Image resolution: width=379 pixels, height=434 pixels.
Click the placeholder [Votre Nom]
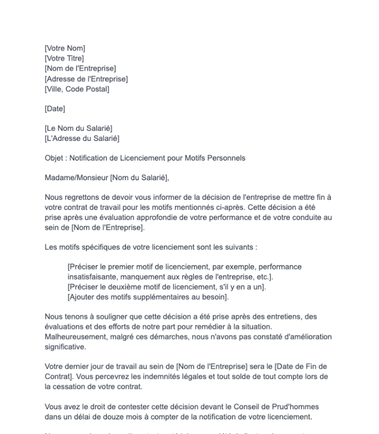point(65,49)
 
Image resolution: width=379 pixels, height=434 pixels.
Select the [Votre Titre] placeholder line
point(65,58)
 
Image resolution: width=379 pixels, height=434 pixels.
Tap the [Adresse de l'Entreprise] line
point(86,79)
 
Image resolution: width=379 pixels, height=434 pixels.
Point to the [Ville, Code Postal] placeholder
point(77,89)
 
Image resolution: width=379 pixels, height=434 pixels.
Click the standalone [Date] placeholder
point(55,108)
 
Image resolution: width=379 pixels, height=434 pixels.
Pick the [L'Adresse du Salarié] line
point(82,138)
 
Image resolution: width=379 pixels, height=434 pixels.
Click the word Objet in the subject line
point(54,158)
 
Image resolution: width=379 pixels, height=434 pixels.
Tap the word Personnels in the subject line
point(227,158)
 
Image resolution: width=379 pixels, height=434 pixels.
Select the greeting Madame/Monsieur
point(76,178)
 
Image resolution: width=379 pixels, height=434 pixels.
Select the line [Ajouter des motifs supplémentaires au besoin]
point(148,296)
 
